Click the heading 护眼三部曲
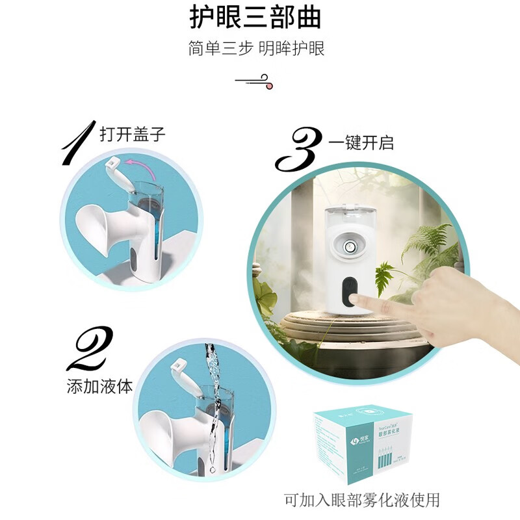[x=255, y=18]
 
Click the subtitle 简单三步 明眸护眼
[x=256, y=49]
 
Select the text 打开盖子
[x=133, y=135]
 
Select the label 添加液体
[x=99, y=386]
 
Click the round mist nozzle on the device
[x=350, y=248]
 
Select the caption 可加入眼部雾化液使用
[x=362, y=500]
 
